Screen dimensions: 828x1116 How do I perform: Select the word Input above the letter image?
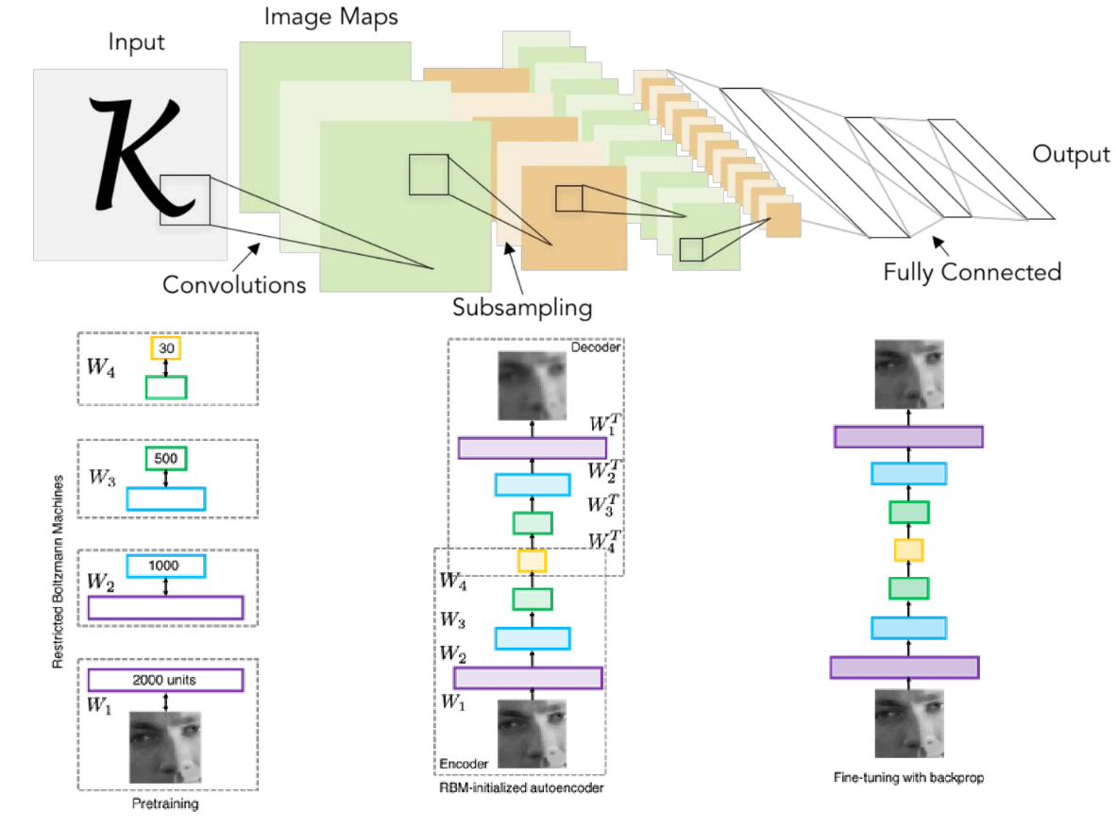(x=136, y=42)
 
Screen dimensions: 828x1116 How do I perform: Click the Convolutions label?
(x=234, y=283)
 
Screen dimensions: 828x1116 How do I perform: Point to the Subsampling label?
(x=522, y=307)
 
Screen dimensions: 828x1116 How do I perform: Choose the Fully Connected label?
(x=972, y=273)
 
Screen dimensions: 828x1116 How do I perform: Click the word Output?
(x=1071, y=154)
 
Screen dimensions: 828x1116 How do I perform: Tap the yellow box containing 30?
(x=165, y=348)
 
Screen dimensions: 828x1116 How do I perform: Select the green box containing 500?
(x=165, y=458)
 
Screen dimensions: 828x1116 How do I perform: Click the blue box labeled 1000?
(x=165, y=565)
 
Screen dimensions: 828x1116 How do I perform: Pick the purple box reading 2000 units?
(x=165, y=680)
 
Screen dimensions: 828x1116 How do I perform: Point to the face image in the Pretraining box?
(x=165, y=745)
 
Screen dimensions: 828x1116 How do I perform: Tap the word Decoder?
(x=594, y=348)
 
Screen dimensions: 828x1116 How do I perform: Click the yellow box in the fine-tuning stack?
(x=908, y=550)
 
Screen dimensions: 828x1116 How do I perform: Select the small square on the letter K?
(x=184, y=199)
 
